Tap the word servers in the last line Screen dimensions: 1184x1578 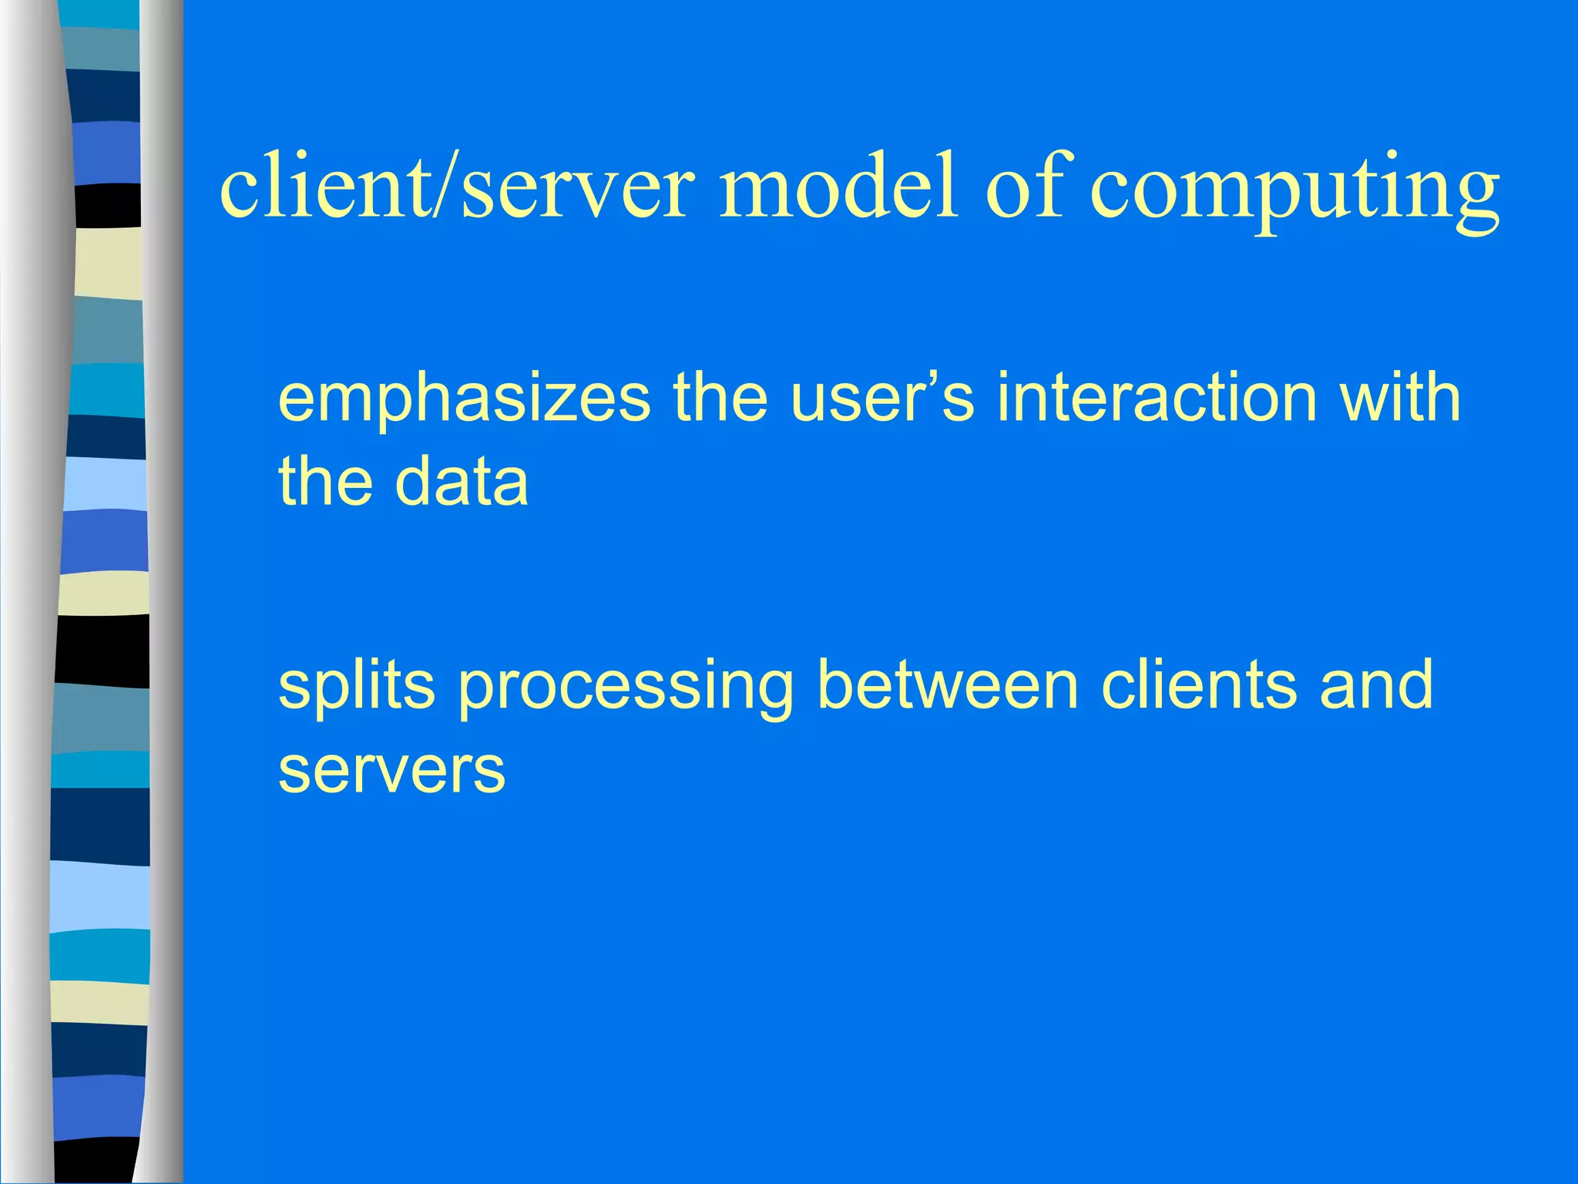point(391,771)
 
